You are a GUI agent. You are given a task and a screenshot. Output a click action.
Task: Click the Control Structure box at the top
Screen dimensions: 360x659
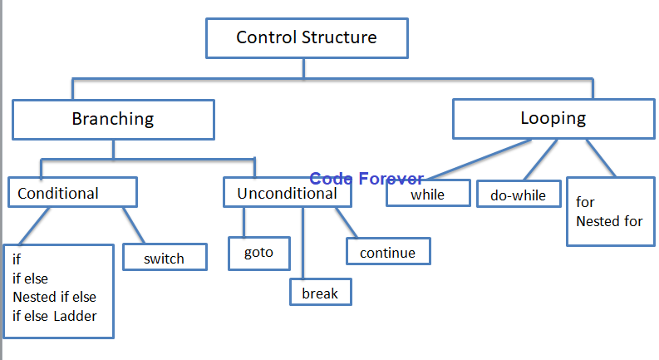pos(306,38)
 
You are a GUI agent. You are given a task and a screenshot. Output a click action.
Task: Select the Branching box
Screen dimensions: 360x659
pos(113,119)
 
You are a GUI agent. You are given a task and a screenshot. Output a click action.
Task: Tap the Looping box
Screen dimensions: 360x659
pos(553,118)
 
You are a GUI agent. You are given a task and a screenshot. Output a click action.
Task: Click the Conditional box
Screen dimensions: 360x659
pos(72,193)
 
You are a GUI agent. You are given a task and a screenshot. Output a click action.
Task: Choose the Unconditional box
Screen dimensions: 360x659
pos(287,194)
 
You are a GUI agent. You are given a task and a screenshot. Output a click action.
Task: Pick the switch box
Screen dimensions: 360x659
pos(164,258)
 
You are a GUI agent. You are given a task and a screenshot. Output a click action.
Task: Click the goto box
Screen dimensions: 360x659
pos(258,253)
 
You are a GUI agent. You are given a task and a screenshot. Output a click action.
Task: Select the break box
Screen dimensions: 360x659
pos(320,293)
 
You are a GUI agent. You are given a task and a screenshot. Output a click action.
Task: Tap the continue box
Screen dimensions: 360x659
pos(388,252)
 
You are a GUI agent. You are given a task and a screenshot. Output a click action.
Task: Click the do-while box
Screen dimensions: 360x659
pos(519,195)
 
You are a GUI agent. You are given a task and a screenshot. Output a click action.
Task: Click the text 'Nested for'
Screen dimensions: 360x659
pos(609,221)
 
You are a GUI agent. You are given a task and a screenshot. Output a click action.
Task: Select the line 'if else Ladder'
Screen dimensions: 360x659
pos(56,314)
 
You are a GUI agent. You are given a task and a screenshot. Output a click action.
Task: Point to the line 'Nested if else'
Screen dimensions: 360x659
pos(54,297)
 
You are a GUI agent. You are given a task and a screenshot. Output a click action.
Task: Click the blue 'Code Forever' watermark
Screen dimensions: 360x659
pos(366,179)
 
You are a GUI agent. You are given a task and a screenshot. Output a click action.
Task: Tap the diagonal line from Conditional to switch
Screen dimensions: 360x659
pos(134,224)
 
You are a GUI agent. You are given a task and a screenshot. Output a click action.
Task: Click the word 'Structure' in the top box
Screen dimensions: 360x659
pos(341,37)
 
